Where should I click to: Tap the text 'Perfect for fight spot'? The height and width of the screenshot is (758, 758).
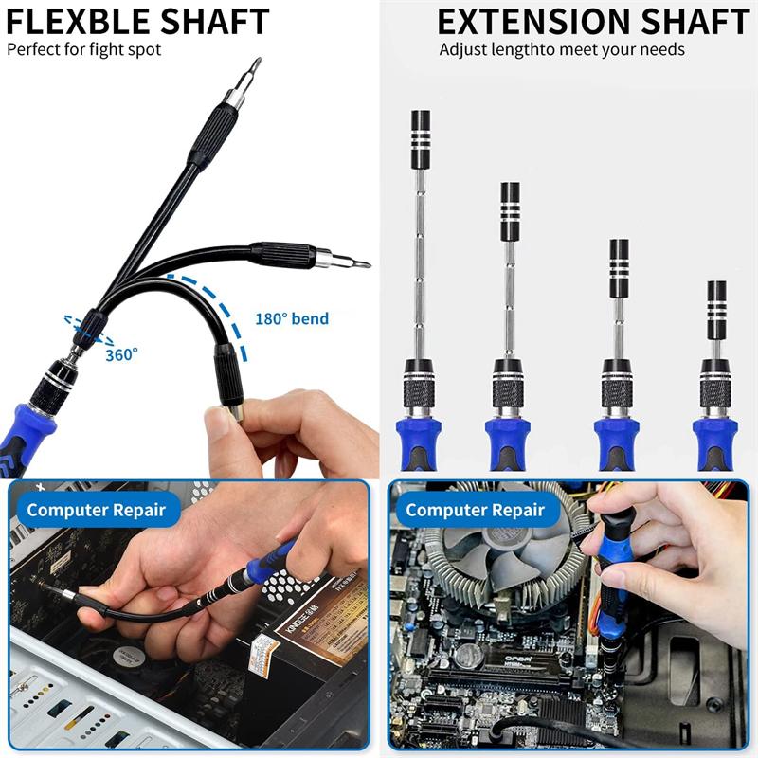(84, 48)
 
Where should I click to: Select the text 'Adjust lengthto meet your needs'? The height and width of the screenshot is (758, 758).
(561, 48)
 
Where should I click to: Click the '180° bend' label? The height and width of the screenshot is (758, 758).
(292, 318)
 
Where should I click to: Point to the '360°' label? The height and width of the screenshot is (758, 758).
(121, 353)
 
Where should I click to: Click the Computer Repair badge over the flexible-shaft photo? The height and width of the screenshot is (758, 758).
(96, 510)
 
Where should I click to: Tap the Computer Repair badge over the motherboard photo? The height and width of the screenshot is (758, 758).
(476, 510)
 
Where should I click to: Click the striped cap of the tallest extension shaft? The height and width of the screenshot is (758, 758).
(421, 127)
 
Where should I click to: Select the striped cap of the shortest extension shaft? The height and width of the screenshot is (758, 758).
(716, 296)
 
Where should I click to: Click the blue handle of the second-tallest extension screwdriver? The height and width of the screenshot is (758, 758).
(508, 441)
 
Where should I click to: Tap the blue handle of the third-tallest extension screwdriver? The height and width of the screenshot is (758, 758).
(616, 441)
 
